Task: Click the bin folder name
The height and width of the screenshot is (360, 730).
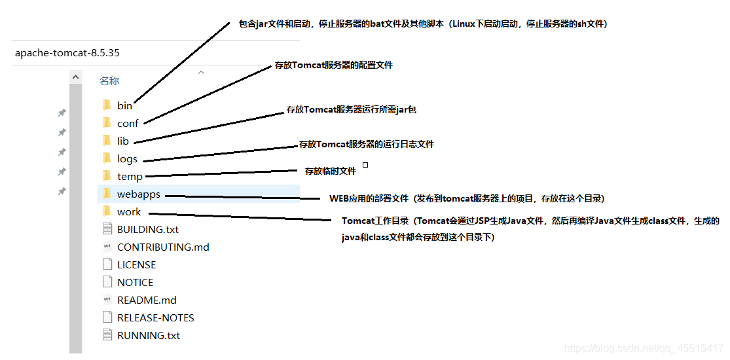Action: tap(124, 105)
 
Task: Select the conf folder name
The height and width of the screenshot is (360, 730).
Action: tap(128, 123)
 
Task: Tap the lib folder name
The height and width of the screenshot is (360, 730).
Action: tap(123, 141)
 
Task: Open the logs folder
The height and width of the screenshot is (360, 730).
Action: tap(127, 158)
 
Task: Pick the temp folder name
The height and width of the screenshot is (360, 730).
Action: tap(130, 176)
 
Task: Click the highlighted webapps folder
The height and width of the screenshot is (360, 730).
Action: tap(138, 194)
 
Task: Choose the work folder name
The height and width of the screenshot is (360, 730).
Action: tap(129, 211)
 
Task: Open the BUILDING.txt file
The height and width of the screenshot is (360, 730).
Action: tap(147, 229)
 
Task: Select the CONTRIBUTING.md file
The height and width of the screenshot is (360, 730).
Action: tap(163, 247)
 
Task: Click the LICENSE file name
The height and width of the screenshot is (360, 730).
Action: tap(136, 264)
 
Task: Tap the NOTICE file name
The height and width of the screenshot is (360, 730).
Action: tap(135, 282)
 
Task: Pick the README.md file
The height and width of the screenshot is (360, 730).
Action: tap(147, 300)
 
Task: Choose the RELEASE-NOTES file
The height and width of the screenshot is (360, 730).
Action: tap(155, 317)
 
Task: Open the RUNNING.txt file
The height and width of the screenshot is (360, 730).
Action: tap(148, 335)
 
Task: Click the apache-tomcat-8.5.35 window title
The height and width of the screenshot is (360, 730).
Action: tap(67, 52)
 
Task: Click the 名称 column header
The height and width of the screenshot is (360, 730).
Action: tap(109, 81)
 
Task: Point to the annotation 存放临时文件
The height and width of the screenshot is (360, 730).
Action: tap(331, 171)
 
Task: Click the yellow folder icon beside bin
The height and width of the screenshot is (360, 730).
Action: tap(107, 105)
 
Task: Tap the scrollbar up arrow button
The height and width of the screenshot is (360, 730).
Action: tap(76, 78)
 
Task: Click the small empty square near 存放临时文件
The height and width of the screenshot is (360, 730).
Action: tap(365, 165)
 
